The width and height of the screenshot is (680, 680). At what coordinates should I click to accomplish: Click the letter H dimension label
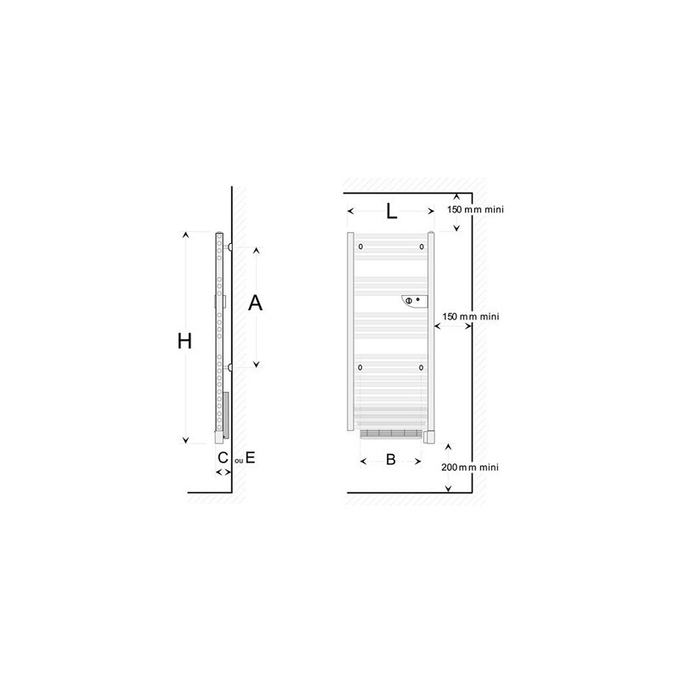click(x=184, y=342)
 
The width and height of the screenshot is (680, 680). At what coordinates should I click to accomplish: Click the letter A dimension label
click(x=255, y=303)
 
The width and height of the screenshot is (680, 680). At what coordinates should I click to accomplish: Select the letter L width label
click(x=392, y=212)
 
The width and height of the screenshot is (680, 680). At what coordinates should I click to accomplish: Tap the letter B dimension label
click(x=391, y=459)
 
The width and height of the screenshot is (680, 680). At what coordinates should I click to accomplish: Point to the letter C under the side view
click(x=223, y=457)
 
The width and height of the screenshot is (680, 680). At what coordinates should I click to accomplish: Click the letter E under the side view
click(x=250, y=457)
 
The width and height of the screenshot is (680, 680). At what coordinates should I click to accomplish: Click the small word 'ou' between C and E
click(x=239, y=461)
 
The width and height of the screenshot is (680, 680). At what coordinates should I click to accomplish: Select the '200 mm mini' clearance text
click(x=470, y=467)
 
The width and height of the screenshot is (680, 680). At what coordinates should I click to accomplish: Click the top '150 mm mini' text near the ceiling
click(x=475, y=209)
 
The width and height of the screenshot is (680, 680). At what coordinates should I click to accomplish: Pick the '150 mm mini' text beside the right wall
click(x=471, y=316)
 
